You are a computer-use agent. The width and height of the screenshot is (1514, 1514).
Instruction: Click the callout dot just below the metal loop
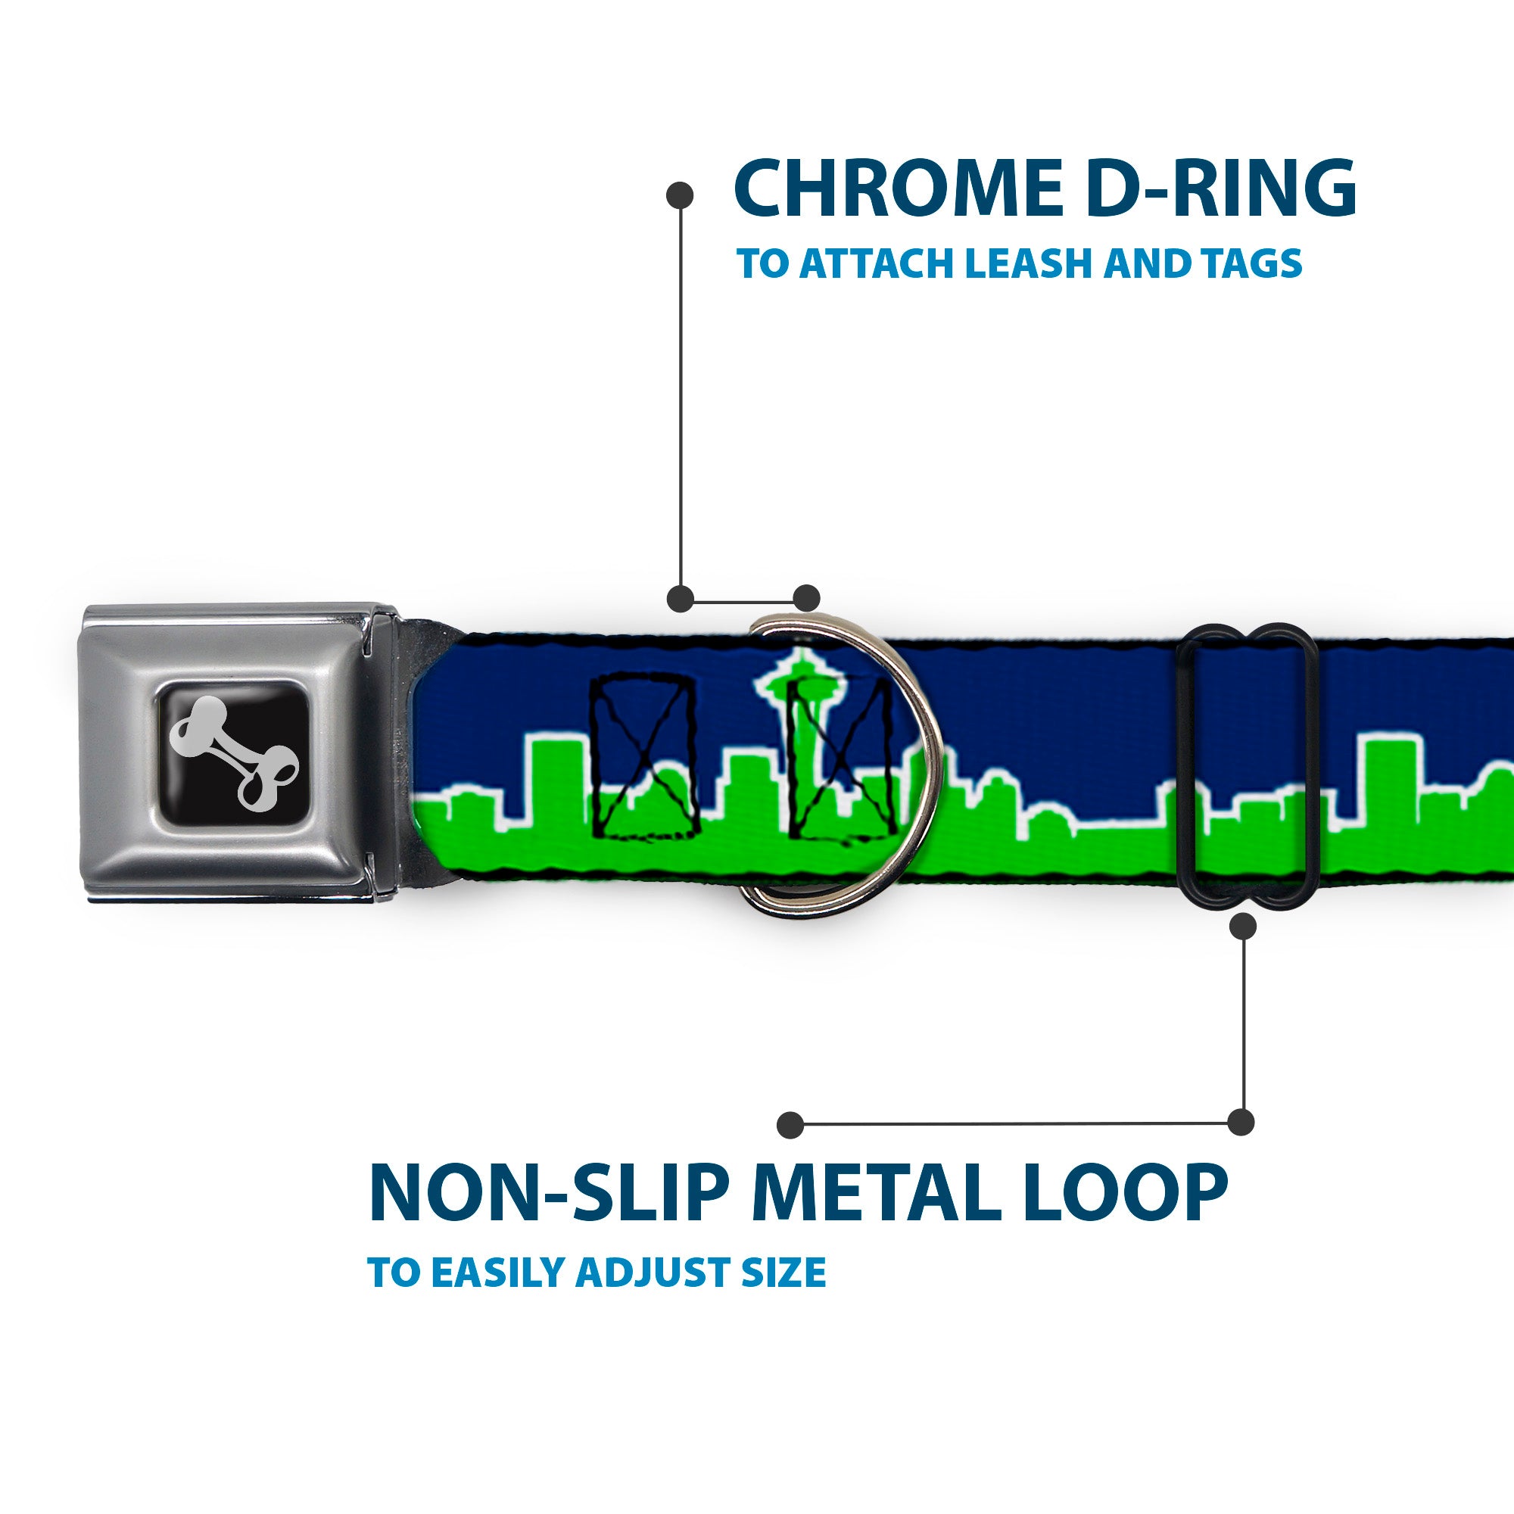coord(1244,927)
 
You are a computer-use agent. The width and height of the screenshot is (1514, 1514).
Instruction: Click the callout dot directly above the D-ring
coord(806,598)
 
